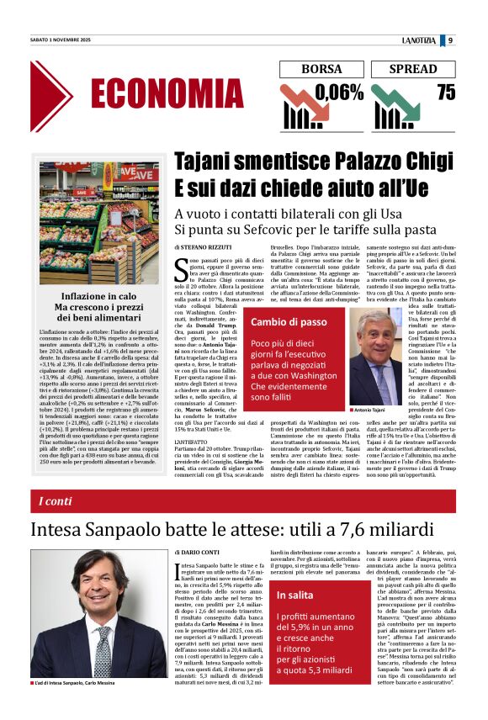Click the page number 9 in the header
(x=451, y=40)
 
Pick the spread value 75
(x=446, y=93)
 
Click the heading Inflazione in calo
(x=98, y=296)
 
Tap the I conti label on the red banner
(x=56, y=501)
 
